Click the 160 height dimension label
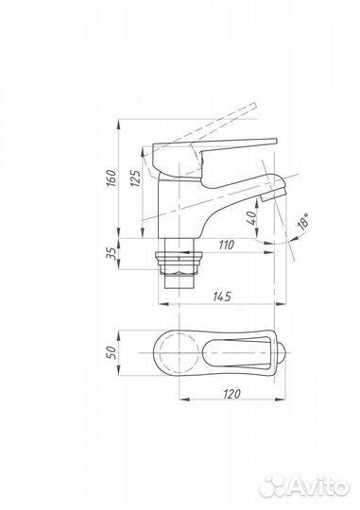pyautogui.click(x=111, y=178)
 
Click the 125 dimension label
pyautogui.click(x=136, y=178)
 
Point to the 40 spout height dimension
pyautogui.click(x=251, y=218)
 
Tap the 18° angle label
pyautogui.click(x=303, y=222)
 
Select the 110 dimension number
pyautogui.click(x=226, y=245)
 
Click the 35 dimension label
pyautogui.click(x=111, y=253)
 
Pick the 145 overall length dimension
pyautogui.click(x=222, y=297)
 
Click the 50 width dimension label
pyautogui.click(x=111, y=352)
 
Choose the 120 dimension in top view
pyautogui.click(x=232, y=394)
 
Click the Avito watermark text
pyautogui.click(x=318, y=487)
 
